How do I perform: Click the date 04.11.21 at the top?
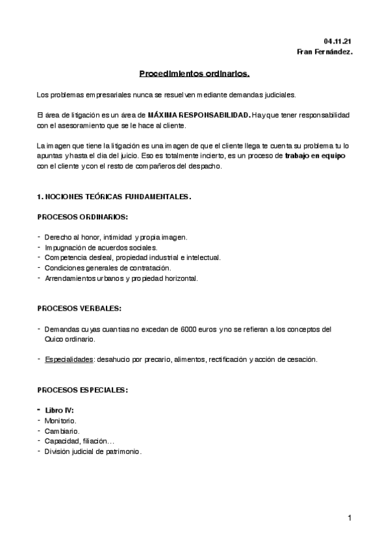pos(339,41)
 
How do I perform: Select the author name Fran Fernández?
pos(325,52)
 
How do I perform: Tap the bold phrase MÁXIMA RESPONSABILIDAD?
pos(198,115)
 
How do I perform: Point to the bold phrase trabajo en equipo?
pos(315,156)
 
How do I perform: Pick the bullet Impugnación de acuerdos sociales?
pos(100,247)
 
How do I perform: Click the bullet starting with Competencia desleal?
pos(132,257)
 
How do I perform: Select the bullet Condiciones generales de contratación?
pos(107,268)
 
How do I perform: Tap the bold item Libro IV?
pos(59,411)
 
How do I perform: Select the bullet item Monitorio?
pos(60,421)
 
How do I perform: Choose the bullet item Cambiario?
pos(62,431)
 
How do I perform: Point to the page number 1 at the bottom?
pos(349,518)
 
